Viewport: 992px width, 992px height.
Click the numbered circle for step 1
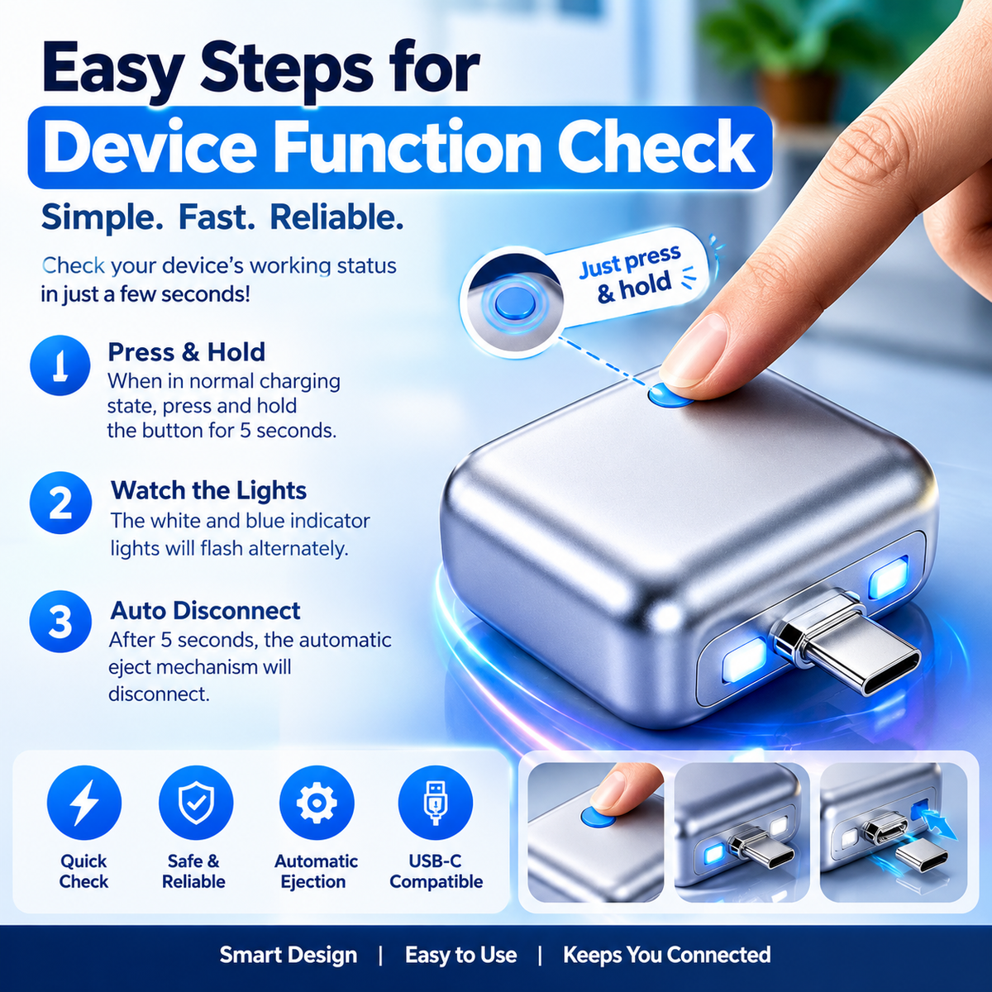60,365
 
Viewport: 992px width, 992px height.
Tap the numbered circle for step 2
60,503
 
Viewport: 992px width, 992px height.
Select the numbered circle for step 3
60,622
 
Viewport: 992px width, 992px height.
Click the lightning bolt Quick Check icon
84,803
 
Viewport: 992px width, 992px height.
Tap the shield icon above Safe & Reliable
196,803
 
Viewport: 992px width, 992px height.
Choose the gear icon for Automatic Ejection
317,803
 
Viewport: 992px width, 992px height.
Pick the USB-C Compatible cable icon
436,803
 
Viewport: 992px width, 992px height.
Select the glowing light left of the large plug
745,660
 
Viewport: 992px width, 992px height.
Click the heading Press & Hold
186,353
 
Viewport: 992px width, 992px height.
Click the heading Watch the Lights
208,490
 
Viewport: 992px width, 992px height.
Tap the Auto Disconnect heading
205,611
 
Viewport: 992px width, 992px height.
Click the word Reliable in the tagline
336,217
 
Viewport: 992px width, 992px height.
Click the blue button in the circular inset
513,304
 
